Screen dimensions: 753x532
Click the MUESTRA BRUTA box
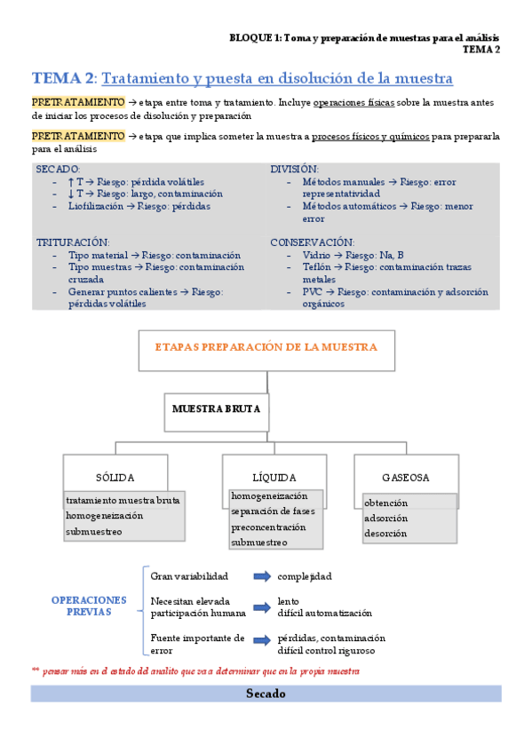click(216, 410)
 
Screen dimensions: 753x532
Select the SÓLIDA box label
click(115, 477)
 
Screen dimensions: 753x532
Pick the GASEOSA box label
click(405, 477)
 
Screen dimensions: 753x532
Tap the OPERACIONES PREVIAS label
click(89, 606)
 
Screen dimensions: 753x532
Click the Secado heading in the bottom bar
click(266, 694)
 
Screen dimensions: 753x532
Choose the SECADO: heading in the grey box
click(58, 169)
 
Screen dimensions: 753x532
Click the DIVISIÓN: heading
click(294, 169)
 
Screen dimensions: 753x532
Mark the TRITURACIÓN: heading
click(73, 242)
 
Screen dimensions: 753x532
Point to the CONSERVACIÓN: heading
click(312, 242)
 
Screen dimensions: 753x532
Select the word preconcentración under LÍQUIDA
click(267, 527)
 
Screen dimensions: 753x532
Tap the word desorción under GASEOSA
click(385, 534)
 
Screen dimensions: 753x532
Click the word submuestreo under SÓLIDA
click(93, 532)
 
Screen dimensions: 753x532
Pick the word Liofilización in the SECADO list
click(95, 206)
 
